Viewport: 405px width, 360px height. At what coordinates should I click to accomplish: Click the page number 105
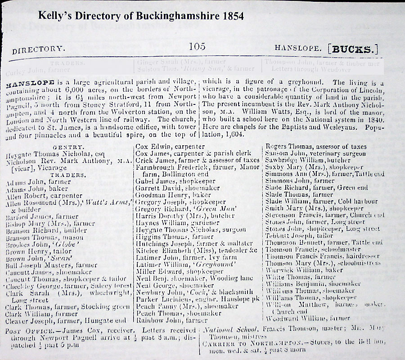click(198, 46)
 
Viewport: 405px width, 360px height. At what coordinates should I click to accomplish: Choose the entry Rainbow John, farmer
click(166, 321)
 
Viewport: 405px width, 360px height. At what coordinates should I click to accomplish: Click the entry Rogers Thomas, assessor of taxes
click(316, 146)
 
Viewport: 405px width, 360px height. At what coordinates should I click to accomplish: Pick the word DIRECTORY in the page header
click(38, 49)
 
